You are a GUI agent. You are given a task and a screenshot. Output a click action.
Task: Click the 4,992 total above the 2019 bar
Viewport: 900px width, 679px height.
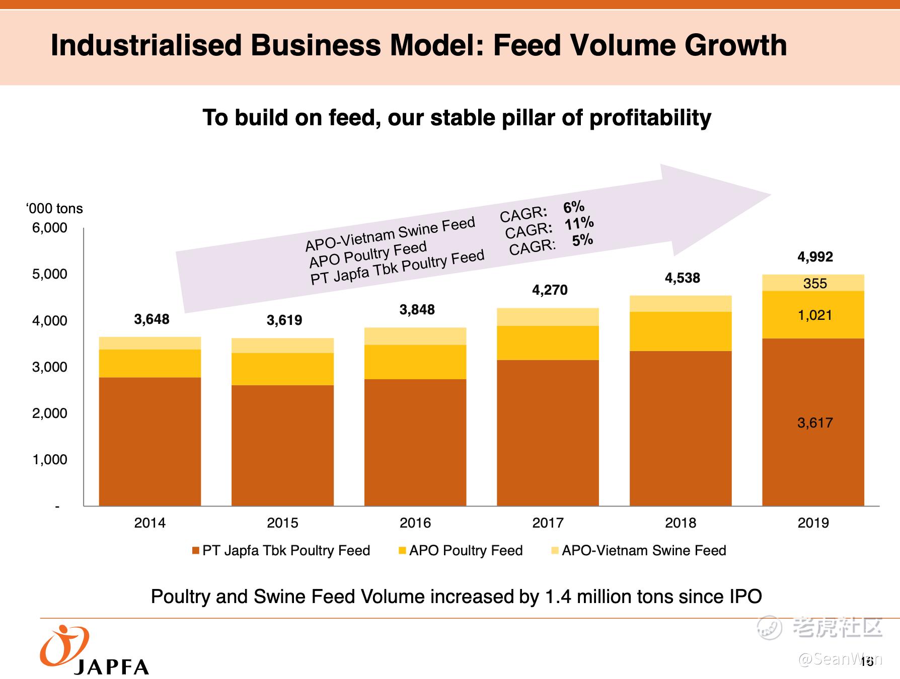pyautogui.click(x=815, y=257)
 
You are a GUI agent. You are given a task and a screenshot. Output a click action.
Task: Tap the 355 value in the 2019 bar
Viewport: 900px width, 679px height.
pyautogui.click(x=815, y=284)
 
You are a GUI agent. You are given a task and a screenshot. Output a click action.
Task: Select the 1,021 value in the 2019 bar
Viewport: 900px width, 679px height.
pyautogui.click(x=815, y=315)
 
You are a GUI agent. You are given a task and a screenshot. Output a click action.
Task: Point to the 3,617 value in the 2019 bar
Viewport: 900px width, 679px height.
pyautogui.click(x=815, y=422)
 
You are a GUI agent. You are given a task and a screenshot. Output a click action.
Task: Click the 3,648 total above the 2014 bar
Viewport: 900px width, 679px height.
pyautogui.click(x=152, y=319)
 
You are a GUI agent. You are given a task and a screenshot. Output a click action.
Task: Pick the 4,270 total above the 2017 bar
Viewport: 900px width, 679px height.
pyautogui.click(x=550, y=290)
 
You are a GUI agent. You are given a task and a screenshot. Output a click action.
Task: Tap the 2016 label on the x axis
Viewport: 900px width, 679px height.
pyautogui.click(x=415, y=523)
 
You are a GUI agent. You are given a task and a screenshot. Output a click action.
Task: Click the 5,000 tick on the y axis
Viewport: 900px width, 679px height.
pyautogui.click(x=49, y=274)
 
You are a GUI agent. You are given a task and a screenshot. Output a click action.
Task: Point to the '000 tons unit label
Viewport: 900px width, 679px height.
pyautogui.click(x=54, y=209)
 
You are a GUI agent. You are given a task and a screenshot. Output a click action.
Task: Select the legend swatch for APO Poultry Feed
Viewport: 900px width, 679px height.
pyautogui.click(x=402, y=551)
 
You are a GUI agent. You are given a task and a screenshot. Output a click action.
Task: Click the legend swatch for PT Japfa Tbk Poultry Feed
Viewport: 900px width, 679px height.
pyautogui.click(x=196, y=551)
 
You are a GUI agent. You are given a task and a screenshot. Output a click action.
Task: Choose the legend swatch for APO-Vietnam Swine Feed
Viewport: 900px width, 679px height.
pyautogui.click(x=555, y=551)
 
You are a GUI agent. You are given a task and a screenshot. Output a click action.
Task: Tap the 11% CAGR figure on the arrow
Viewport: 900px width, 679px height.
pyautogui.click(x=579, y=223)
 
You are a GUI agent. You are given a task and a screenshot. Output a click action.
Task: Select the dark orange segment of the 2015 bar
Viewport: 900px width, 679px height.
pyautogui.click(x=282, y=445)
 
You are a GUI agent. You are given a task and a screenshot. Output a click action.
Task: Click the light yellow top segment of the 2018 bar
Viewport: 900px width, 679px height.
pyautogui.click(x=681, y=304)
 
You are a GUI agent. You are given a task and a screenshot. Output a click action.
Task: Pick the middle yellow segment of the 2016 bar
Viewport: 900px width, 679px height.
pyautogui.click(x=415, y=362)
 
